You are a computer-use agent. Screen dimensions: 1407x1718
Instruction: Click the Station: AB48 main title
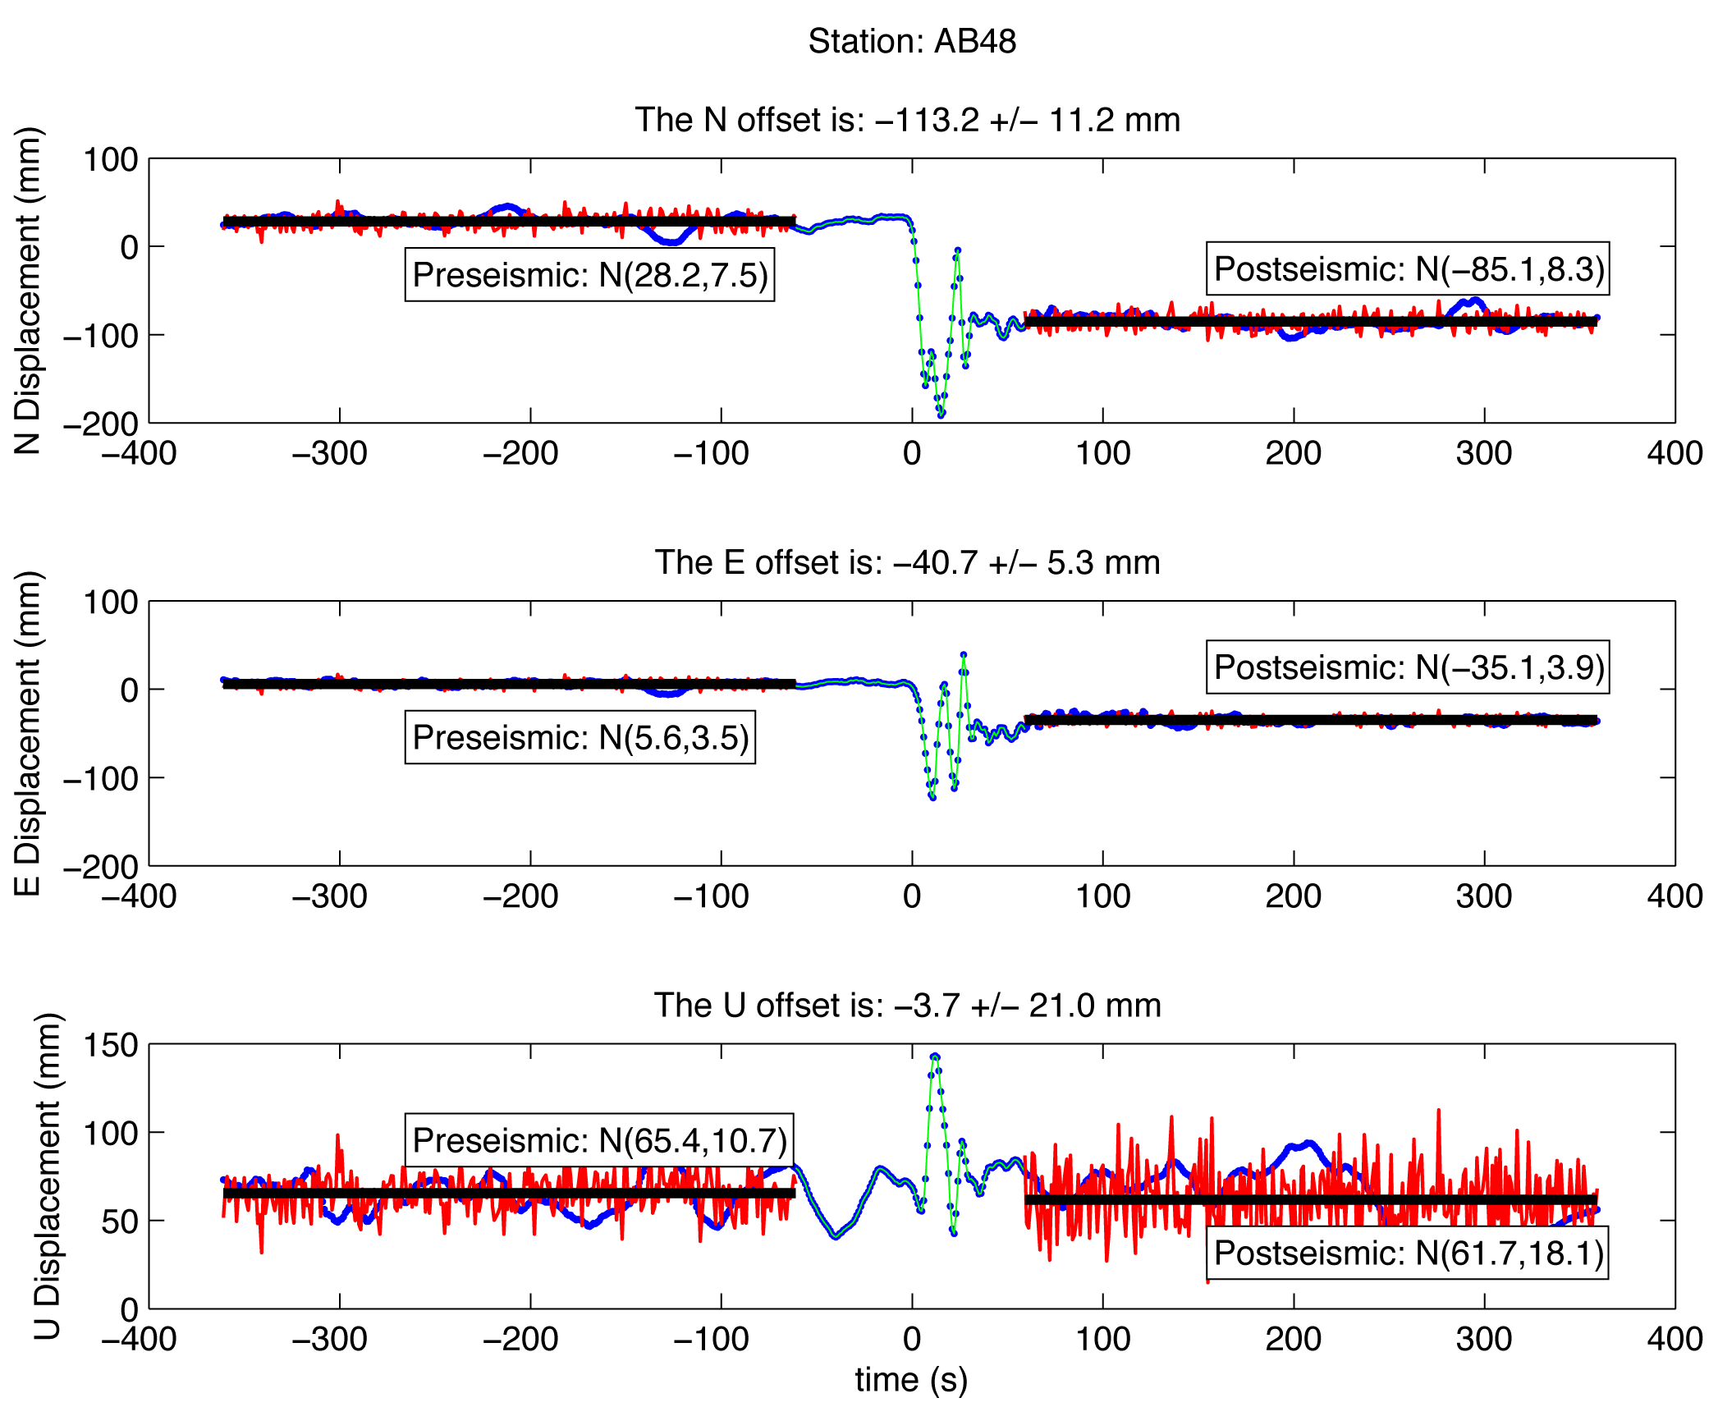pos(911,41)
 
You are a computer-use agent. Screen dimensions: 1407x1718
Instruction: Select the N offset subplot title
pos(907,120)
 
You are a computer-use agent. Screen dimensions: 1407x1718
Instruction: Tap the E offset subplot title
pos(907,563)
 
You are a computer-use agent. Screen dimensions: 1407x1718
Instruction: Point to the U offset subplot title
pos(907,1006)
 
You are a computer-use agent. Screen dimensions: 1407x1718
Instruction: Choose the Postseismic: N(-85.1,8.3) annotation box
pos(1408,269)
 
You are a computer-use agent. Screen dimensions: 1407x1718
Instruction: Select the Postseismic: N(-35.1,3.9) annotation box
pos(1408,667)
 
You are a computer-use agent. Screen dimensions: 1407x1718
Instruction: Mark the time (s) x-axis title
pos(911,1380)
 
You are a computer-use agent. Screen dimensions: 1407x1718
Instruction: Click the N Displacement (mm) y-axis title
pos(28,291)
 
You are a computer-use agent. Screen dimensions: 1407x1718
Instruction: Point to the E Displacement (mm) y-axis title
pos(28,733)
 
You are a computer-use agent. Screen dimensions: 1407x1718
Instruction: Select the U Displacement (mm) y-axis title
pos(48,1176)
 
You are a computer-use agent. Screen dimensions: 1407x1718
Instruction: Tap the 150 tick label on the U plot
pos(111,1045)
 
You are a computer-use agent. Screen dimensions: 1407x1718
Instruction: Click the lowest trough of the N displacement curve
pos(941,415)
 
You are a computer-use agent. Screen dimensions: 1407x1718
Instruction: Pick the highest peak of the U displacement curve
pos(935,1056)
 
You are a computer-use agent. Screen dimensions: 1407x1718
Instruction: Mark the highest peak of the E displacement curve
pos(964,655)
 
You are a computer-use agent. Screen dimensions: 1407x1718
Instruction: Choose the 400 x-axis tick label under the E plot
pos(1674,896)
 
